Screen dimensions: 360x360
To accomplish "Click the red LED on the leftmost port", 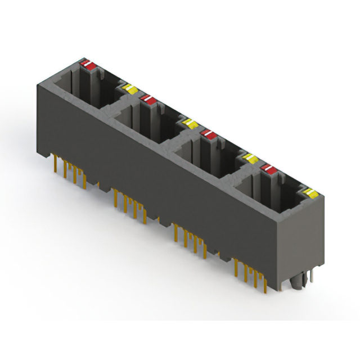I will coord(88,65).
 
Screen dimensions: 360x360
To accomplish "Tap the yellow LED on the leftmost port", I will coord(130,89).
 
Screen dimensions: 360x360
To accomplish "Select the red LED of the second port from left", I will coord(148,100).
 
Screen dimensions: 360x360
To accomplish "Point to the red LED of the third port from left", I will coord(208,134).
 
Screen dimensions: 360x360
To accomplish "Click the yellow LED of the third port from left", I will coord(250,159).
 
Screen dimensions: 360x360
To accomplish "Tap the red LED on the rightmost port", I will coord(268,169).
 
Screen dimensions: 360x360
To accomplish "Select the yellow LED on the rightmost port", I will coord(310,194).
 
